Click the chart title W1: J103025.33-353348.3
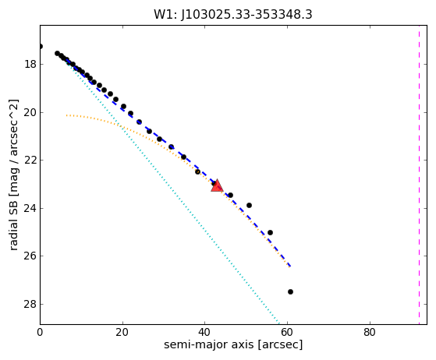[233, 15]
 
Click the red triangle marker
[217, 185]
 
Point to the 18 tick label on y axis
[30, 65]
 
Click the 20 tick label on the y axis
[30, 112]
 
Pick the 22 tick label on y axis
[30, 161]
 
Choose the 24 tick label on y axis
[30, 208]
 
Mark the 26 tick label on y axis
[30, 256]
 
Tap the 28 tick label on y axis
[30, 304]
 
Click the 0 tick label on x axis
[40, 332]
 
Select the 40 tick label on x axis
[205, 332]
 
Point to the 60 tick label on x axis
[287, 332]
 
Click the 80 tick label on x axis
[370, 332]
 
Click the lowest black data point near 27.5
[290, 291]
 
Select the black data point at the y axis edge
[41, 47]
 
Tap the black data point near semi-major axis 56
[270, 232]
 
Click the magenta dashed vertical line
[419, 175]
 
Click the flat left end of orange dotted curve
[67, 115]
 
